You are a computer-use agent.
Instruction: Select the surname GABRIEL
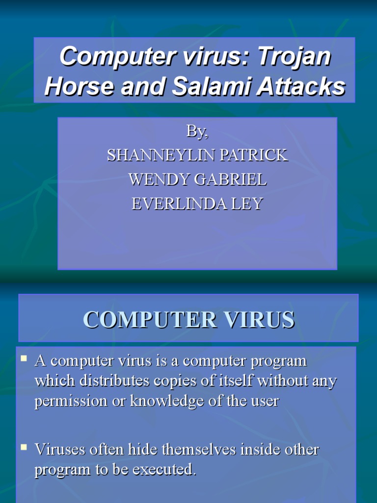coord(231,179)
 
